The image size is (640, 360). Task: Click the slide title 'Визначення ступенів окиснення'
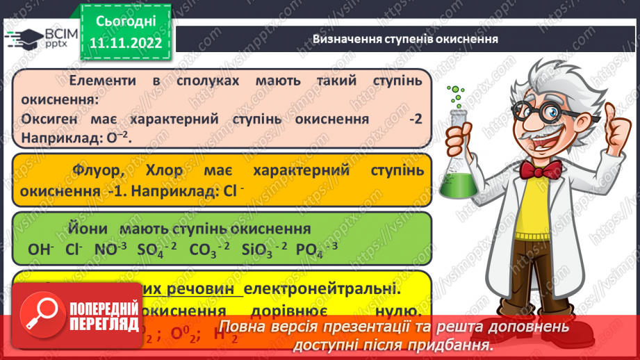pyautogui.click(x=405, y=39)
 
